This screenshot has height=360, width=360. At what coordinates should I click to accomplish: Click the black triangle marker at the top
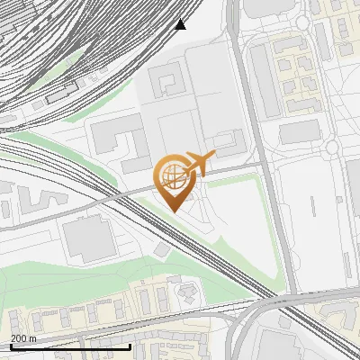coord(181,23)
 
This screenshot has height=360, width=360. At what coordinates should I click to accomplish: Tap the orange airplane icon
coord(199,164)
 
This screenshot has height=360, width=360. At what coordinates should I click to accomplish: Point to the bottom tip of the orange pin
coord(173,211)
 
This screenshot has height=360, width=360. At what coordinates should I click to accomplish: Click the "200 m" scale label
coord(23,337)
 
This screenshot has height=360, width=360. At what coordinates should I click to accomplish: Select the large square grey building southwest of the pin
coord(88,239)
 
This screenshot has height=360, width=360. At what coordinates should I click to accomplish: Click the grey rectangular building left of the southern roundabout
coord(299,133)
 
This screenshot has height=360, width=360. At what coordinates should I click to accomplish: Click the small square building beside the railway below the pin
coord(161,247)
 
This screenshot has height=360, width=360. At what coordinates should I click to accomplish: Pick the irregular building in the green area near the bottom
coord(188,292)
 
